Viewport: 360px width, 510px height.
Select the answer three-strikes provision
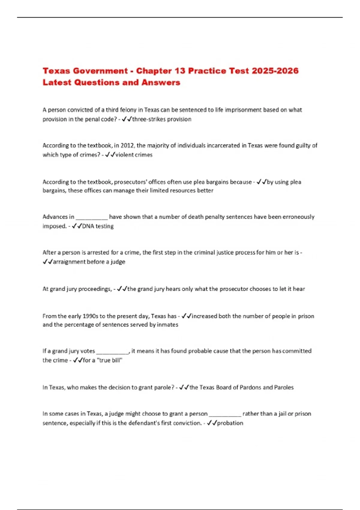[162, 119]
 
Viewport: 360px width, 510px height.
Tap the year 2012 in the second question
[127, 145]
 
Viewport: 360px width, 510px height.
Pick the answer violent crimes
[134, 155]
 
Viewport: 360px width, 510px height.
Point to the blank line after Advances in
[91, 217]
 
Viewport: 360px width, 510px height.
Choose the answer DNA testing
[98, 226]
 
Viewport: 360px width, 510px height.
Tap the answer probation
[230, 423]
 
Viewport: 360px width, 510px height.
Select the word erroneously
[298, 217]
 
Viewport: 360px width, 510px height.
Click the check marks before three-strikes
[127, 119]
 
